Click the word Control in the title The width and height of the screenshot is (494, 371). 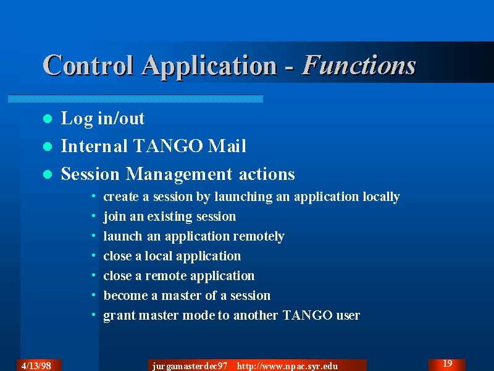88,66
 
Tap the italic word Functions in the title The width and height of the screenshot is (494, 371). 359,66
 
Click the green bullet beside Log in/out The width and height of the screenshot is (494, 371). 48,119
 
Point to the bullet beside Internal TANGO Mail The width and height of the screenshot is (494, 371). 48,147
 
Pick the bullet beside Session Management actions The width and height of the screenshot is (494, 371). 48,174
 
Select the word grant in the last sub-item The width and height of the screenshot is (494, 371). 119,316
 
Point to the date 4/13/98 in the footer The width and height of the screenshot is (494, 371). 36,366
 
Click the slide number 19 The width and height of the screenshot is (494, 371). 447,364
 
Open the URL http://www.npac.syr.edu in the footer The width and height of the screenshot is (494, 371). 287,366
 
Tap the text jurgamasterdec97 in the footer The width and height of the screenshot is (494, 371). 190,366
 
